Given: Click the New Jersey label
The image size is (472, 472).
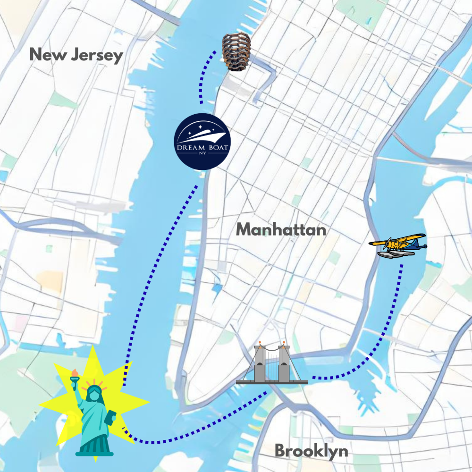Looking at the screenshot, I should click(x=76, y=55).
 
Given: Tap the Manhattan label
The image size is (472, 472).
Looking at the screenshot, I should click(x=281, y=230).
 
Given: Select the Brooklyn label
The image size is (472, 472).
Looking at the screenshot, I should click(x=312, y=451).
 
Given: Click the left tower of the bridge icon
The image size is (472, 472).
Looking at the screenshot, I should click(x=260, y=363).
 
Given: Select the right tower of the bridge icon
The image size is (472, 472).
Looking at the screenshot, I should click(x=283, y=363).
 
